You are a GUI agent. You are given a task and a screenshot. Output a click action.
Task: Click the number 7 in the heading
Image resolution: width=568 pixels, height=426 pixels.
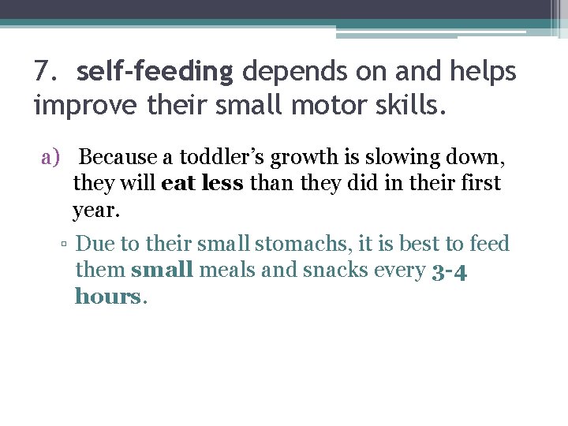43,72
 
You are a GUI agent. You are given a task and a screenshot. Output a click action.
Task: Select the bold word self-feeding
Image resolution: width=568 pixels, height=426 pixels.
155,72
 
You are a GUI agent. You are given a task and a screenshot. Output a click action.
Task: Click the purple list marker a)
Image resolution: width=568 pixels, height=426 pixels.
51,157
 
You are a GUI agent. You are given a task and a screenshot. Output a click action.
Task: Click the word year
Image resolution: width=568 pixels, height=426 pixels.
97,211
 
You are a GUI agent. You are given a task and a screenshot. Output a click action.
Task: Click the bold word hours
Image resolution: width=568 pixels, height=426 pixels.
109,297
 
